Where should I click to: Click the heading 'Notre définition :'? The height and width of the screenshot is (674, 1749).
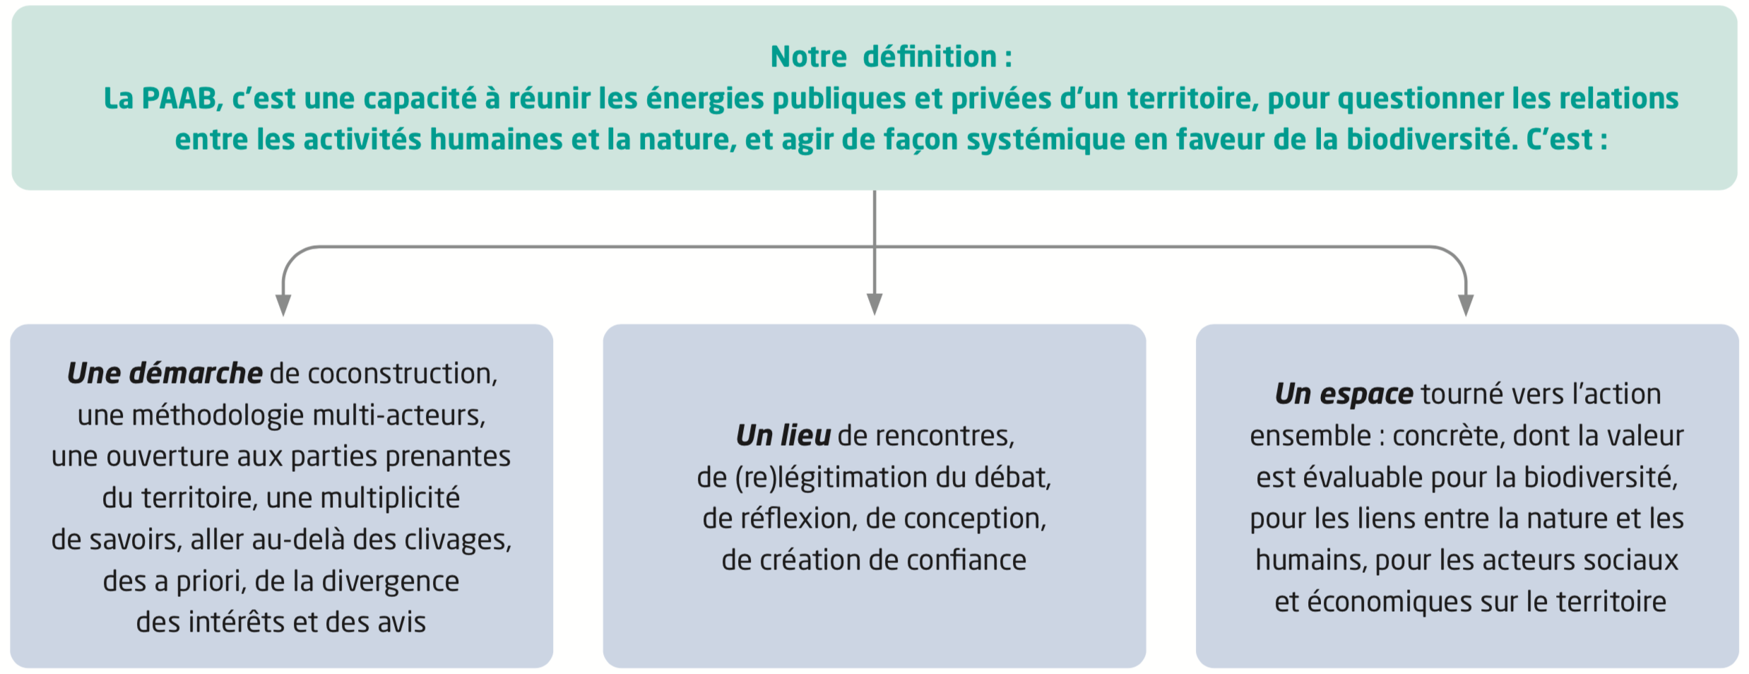click(891, 57)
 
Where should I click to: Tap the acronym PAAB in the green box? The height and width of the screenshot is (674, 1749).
click(179, 98)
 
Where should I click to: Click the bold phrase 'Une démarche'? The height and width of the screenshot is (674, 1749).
click(165, 373)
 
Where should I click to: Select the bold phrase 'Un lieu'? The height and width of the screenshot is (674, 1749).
click(783, 435)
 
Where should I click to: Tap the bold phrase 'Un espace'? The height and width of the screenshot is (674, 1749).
click(1344, 394)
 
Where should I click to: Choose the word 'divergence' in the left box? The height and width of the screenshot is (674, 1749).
click(390, 582)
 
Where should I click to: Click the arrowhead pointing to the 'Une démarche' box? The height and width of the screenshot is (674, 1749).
click(283, 305)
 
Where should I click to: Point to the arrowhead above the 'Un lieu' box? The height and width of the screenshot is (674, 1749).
click(875, 305)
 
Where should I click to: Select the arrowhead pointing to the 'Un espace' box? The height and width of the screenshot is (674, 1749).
click(1466, 305)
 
